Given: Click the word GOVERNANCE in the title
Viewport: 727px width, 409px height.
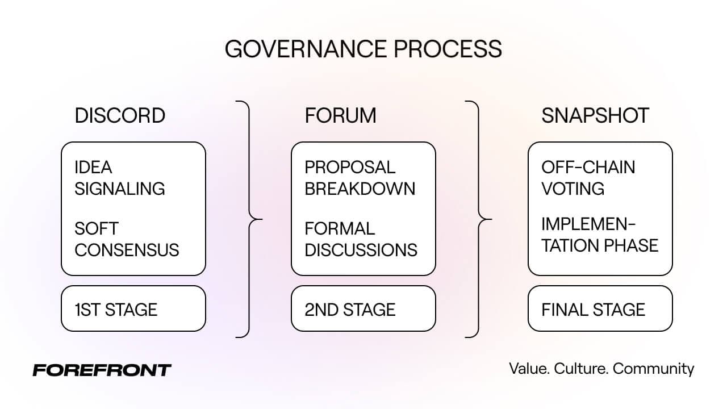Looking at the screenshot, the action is click(306, 49).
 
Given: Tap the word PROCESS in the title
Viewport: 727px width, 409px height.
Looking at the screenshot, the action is click(448, 49).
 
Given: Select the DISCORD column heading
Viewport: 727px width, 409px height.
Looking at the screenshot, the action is click(120, 115).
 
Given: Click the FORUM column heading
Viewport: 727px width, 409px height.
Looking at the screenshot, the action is click(340, 115).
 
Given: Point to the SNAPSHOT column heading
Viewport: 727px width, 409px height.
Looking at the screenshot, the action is click(595, 115).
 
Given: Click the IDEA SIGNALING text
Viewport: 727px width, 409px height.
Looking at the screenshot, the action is click(119, 178).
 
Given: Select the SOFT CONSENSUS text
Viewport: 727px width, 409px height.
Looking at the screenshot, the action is click(127, 239).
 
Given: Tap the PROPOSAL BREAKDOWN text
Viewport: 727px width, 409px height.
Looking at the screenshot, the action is click(360, 178).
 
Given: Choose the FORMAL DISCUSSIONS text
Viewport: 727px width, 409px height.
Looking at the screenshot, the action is click(361, 239).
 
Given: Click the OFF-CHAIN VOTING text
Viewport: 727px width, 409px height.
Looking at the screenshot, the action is click(588, 178).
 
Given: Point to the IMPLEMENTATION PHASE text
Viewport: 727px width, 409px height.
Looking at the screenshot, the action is click(600, 235).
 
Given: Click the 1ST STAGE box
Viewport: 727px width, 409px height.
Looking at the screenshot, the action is click(133, 308).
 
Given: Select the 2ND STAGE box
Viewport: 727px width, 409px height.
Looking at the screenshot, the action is click(363, 308).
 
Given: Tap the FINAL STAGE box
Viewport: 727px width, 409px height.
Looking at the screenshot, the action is click(600, 308).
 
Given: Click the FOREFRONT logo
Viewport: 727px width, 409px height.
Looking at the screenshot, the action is click(102, 370).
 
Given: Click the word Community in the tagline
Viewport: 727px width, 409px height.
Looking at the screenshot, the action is click(653, 369).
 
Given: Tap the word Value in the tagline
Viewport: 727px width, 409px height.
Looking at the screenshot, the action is click(529, 369).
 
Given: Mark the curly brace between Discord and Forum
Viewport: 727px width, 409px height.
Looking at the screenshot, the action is click(249, 219).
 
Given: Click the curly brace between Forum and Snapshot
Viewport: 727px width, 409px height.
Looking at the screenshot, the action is click(478, 219).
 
